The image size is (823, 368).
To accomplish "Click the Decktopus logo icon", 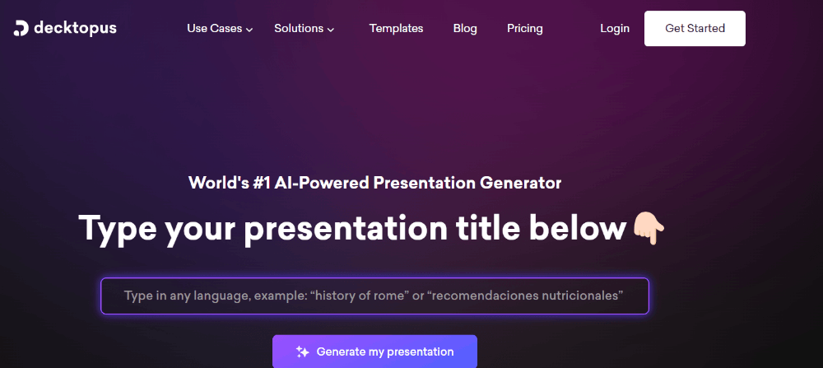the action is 21,28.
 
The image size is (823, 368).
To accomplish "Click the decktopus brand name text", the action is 75,28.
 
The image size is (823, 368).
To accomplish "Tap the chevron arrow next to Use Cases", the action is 249,30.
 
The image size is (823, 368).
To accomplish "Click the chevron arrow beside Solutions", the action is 331,30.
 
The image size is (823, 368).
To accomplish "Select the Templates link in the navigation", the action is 397,28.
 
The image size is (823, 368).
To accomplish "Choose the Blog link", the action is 465,28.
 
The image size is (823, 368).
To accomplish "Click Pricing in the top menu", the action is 525,28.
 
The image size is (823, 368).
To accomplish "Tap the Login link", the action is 615,28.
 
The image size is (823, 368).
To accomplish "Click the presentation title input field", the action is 374,296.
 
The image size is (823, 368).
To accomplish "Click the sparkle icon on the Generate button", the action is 302,352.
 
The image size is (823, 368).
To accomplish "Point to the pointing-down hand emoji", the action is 649,229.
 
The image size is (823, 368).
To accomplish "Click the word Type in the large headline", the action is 117,230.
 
